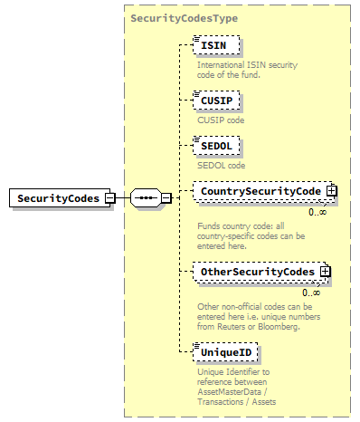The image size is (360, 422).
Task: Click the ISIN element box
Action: click(x=213, y=44)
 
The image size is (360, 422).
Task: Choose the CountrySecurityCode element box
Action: click(x=260, y=191)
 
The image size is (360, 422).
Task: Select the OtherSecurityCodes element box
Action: click(x=257, y=271)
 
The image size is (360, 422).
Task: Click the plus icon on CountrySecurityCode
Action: click(x=331, y=191)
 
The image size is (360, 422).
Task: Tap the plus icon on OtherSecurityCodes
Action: click(x=325, y=271)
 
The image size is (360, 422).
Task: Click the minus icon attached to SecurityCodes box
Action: click(x=109, y=197)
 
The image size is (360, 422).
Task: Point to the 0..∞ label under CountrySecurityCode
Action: click(x=317, y=212)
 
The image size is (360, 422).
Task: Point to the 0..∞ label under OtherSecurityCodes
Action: click(x=312, y=292)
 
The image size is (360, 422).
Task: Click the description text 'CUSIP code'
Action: click(x=221, y=120)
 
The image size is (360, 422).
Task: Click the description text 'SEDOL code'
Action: click(x=221, y=166)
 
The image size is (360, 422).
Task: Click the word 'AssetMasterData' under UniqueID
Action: click(x=231, y=391)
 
